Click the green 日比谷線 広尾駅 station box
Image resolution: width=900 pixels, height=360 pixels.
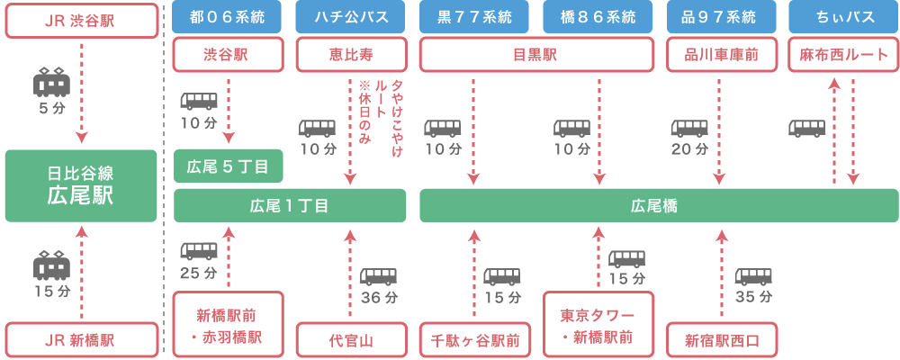81,185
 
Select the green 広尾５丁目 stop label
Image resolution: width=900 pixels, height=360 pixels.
229,166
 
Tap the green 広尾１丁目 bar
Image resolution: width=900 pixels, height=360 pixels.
290,205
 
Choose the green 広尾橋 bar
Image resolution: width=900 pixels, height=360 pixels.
659,205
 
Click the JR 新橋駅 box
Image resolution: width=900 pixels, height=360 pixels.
81,340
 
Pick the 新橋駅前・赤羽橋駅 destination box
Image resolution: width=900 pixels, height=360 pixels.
229,325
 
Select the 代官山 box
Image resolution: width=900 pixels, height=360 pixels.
352,341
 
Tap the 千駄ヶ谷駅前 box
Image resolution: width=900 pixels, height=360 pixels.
475,341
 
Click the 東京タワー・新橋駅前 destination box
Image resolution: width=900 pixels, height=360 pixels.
598,325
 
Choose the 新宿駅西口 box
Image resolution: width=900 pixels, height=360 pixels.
722,341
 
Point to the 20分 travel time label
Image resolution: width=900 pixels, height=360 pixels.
689,148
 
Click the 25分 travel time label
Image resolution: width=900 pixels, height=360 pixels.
198,272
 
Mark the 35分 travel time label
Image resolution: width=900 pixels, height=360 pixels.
753,296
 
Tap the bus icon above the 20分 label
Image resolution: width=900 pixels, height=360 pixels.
689,128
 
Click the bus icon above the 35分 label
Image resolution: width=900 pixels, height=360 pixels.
753,276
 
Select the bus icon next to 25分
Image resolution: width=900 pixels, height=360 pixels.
199,252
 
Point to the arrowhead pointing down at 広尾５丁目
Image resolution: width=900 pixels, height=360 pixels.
229,139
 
